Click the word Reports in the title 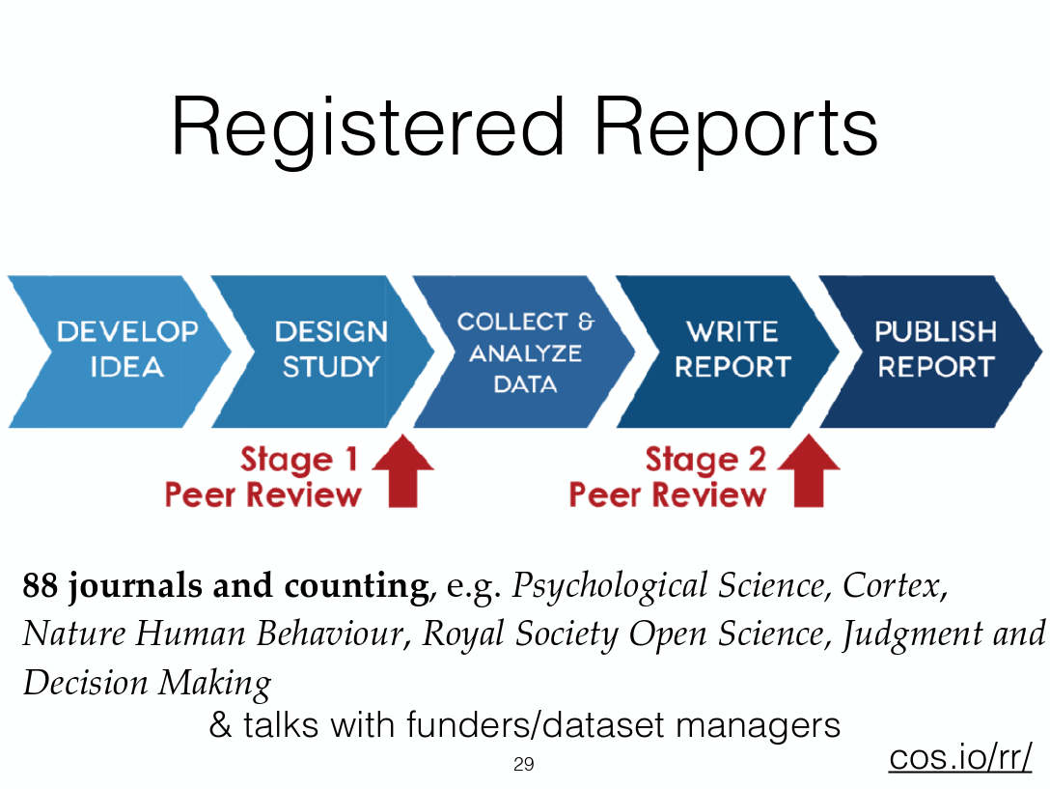pos(736,129)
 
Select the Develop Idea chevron pos(121,352)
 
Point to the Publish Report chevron pos(931,352)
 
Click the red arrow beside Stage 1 pos(403,470)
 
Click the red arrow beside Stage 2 pos(809,470)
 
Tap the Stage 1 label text pos(298,460)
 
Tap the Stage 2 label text pos(705,460)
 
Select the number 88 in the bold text pos(41,585)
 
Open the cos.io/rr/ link pos(960,757)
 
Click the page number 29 pos(524,764)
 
